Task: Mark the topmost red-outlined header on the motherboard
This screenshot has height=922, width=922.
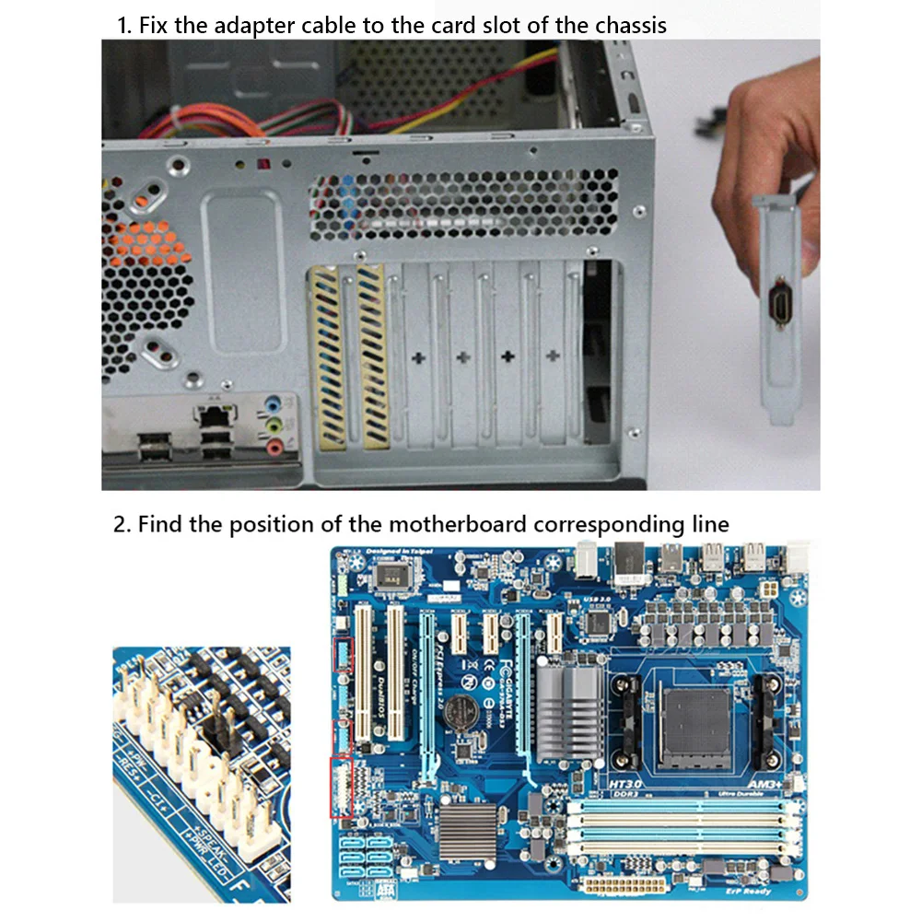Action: click(x=343, y=653)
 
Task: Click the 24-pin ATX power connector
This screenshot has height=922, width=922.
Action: click(x=625, y=885)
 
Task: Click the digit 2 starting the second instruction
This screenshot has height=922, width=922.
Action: click(x=119, y=525)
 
